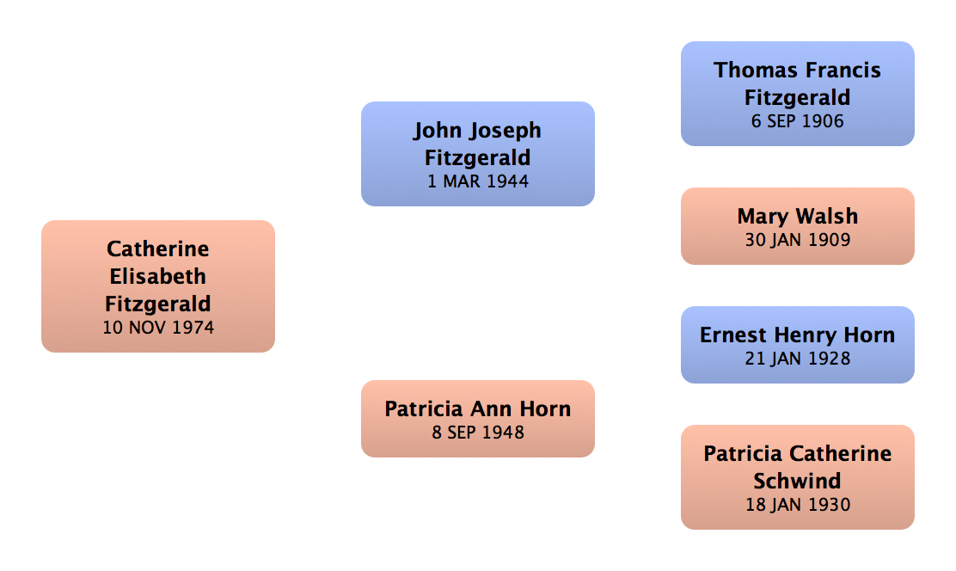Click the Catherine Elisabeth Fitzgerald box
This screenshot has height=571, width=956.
tap(158, 286)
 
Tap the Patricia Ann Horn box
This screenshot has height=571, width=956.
tap(477, 419)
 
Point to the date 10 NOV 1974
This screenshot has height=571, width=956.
tap(158, 327)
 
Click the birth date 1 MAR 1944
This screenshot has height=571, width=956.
tap(477, 181)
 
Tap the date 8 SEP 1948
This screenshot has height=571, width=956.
tap(477, 433)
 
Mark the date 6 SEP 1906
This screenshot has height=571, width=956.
tap(797, 121)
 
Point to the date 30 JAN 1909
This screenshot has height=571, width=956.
tap(797, 240)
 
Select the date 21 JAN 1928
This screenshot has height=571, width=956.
tap(797, 358)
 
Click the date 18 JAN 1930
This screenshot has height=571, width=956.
tap(797, 504)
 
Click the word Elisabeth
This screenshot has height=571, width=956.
tap(158, 276)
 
